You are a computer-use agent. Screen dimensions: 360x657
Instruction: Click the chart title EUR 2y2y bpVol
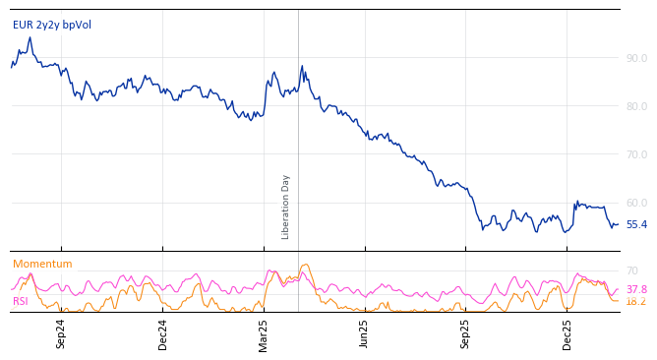click(52, 25)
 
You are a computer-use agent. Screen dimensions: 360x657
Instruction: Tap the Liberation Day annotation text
click(286, 207)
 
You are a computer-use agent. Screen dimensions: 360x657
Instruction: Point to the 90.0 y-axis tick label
click(636, 58)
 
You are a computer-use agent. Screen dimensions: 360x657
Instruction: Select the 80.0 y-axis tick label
click(636, 106)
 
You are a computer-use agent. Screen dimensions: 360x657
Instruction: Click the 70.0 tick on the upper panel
click(636, 154)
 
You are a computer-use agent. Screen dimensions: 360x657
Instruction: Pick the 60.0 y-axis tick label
click(636, 203)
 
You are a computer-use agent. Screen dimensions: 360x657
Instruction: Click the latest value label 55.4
click(636, 225)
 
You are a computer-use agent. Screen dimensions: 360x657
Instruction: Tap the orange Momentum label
click(42, 264)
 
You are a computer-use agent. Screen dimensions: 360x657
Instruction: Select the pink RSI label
click(21, 302)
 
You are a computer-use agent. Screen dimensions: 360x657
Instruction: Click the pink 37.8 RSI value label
click(636, 289)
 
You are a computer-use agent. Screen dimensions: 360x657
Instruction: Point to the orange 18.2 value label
click(636, 302)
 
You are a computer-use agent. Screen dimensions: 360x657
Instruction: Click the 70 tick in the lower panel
click(632, 270)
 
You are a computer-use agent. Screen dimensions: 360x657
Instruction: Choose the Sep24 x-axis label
click(61, 333)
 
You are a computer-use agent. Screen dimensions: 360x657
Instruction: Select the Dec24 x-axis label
click(163, 333)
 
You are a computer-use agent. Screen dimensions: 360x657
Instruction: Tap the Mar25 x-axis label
click(264, 333)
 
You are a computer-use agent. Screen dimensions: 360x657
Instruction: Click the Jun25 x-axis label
click(365, 333)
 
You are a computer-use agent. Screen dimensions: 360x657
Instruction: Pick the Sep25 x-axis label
click(466, 333)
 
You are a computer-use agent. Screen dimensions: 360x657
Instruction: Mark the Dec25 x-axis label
click(567, 333)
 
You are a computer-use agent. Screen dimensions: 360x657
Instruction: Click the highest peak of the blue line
click(30, 38)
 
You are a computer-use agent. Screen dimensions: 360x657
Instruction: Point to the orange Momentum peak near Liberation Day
click(306, 265)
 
